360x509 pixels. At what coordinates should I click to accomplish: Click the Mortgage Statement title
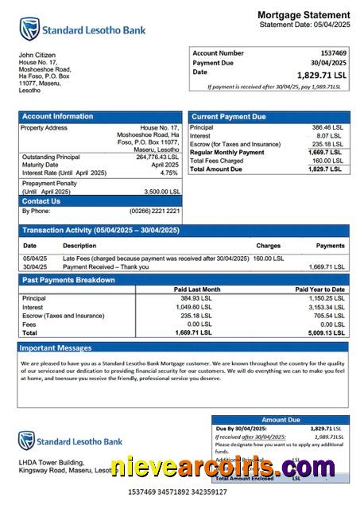pyautogui.click(x=303, y=15)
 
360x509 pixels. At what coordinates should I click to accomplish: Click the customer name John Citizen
pyautogui.click(x=37, y=55)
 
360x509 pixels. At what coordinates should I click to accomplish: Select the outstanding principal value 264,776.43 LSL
pyautogui.click(x=158, y=157)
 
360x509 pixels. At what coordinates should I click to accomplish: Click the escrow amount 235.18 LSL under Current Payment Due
pyautogui.click(x=327, y=144)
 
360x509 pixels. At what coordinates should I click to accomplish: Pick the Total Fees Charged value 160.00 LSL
pyautogui.click(x=327, y=161)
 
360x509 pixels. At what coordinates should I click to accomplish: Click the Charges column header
pyautogui.click(x=268, y=246)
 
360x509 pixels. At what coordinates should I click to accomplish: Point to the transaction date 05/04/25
pyautogui.click(x=34, y=258)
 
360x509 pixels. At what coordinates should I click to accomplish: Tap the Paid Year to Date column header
pyautogui.click(x=319, y=289)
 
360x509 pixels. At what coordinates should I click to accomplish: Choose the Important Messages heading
pyautogui.click(x=56, y=348)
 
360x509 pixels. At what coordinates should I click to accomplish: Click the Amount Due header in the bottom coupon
pyautogui.click(x=280, y=419)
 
